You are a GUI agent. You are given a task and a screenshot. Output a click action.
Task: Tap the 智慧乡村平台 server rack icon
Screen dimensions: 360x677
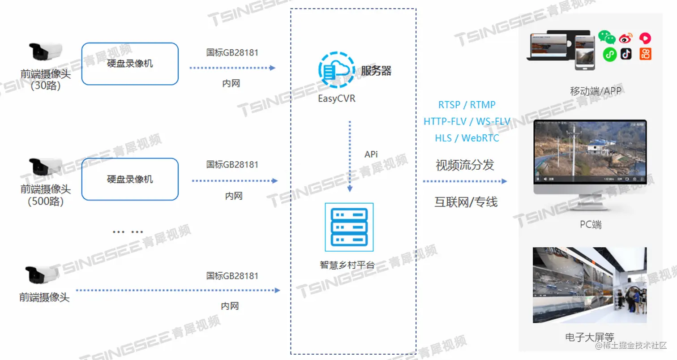coord(349,227)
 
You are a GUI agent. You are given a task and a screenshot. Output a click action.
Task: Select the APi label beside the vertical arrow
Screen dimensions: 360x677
coord(371,154)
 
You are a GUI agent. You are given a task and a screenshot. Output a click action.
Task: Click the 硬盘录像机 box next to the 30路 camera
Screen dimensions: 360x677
coord(130,64)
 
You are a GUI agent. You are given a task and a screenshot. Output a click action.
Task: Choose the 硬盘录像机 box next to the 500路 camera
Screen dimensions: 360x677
coord(130,179)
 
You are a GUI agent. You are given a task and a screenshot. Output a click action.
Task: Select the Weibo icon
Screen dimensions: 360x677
coord(626,38)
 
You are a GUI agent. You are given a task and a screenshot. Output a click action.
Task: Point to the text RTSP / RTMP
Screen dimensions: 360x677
coord(467,105)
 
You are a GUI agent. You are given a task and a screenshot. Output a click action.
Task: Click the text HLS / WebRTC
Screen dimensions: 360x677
coord(467,138)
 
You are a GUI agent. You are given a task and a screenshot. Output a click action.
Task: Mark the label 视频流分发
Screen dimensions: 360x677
coord(465,165)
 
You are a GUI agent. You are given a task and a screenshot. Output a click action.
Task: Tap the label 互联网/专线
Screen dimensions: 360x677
coord(466,202)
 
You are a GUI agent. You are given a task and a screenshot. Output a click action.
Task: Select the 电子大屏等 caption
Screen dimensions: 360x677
coord(589,337)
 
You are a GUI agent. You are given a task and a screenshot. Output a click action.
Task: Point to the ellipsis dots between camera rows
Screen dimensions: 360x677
coord(128,232)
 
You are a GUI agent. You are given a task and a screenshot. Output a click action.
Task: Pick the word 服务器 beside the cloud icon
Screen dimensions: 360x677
coord(376,71)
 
